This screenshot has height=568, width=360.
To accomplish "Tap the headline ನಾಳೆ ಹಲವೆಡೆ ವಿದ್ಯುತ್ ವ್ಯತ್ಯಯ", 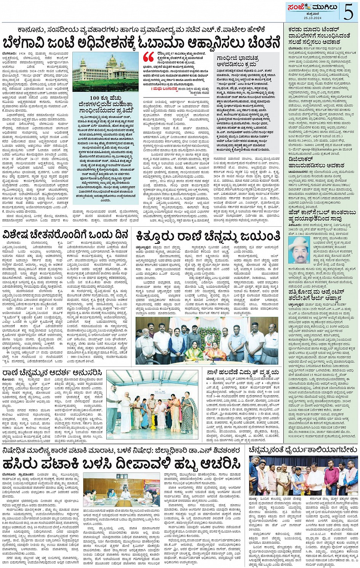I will click(243, 372).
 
